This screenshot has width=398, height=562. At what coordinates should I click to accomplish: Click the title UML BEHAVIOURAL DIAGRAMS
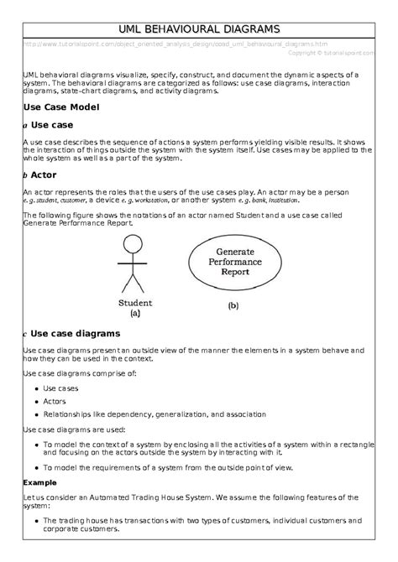[x=199, y=29]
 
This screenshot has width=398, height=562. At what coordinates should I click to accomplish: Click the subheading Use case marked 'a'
[x=55, y=125]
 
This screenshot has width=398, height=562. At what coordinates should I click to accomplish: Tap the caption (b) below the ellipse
[x=233, y=306]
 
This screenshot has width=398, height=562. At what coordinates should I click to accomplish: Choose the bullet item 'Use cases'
[x=60, y=388]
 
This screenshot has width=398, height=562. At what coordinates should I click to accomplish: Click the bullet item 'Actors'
[x=55, y=401]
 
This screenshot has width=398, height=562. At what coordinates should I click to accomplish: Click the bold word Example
[x=39, y=482]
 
